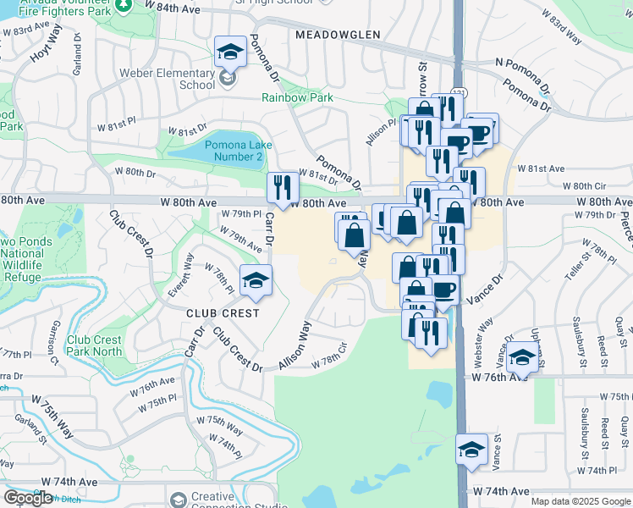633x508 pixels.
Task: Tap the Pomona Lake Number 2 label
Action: [x=238, y=151]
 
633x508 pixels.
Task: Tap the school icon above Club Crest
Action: [x=256, y=280]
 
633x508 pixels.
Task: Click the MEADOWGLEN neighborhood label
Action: [x=336, y=35]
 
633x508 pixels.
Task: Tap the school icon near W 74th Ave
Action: [x=471, y=449]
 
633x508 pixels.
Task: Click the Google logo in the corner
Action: [x=28, y=498]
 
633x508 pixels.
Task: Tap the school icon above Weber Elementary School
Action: [x=229, y=52]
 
